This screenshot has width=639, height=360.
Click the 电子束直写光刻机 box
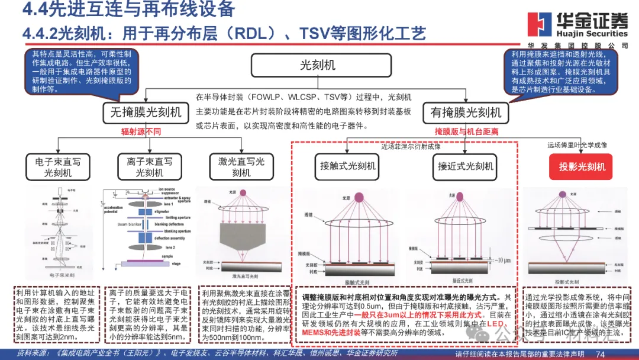point(58,166)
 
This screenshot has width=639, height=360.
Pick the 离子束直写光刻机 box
point(150,166)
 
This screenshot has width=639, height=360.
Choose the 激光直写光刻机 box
point(241,166)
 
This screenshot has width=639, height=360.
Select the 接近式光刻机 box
point(465,166)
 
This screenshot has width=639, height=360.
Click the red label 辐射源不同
point(141,131)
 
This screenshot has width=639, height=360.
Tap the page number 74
point(600,354)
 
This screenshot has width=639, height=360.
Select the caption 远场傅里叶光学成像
point(576,145)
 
